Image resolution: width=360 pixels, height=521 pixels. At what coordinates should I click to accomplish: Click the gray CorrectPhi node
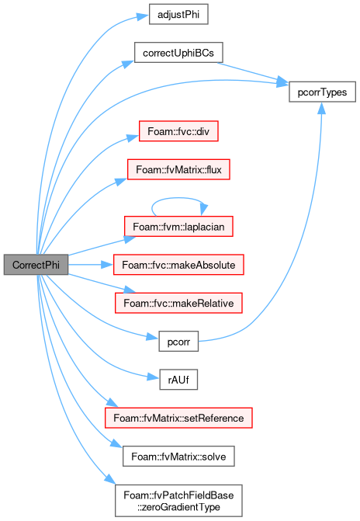(x=36, y=265)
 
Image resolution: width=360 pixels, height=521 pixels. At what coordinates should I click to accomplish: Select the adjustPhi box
(x=178, y=14)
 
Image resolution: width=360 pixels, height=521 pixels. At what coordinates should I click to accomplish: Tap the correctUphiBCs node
(x=178, y=53)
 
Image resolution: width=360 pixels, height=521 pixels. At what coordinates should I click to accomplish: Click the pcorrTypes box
(x=322, y=92)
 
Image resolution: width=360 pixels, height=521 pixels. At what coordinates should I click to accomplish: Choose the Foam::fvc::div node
(x=178, y=131)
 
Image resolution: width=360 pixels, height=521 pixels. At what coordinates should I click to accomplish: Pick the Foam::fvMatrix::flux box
(x=178, y=169)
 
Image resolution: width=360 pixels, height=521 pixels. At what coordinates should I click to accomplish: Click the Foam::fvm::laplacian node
(x=178, y=226)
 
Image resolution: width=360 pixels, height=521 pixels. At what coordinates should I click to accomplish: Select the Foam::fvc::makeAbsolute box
(x=178, y=265)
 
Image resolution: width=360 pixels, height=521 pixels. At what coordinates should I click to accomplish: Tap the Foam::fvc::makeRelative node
(x=178, y=303)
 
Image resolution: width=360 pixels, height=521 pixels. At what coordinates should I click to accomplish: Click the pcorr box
(x=178, y=341)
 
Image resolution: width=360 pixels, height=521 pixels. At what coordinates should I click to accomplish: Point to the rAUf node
(x=178, y=379)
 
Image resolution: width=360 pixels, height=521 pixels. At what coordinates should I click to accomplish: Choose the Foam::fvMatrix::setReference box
(x=178, y=418)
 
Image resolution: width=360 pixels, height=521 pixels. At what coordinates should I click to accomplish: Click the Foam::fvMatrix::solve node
(x=178, y=456)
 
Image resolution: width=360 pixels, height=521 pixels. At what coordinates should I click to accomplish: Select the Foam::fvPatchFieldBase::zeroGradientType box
(x=178, y=500)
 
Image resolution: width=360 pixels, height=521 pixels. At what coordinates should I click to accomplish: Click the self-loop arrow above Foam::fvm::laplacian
(x=179, y=198)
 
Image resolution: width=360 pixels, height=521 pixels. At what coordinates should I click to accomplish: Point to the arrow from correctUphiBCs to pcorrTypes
(x=252, y=72)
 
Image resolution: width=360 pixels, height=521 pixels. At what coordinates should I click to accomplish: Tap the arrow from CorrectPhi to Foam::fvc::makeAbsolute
(x=91, y=265)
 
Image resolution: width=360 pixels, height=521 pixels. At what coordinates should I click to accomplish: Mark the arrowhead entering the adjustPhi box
(x=143, y=16)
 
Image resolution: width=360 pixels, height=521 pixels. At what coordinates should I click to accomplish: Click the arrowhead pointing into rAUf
(x=154, y=377)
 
